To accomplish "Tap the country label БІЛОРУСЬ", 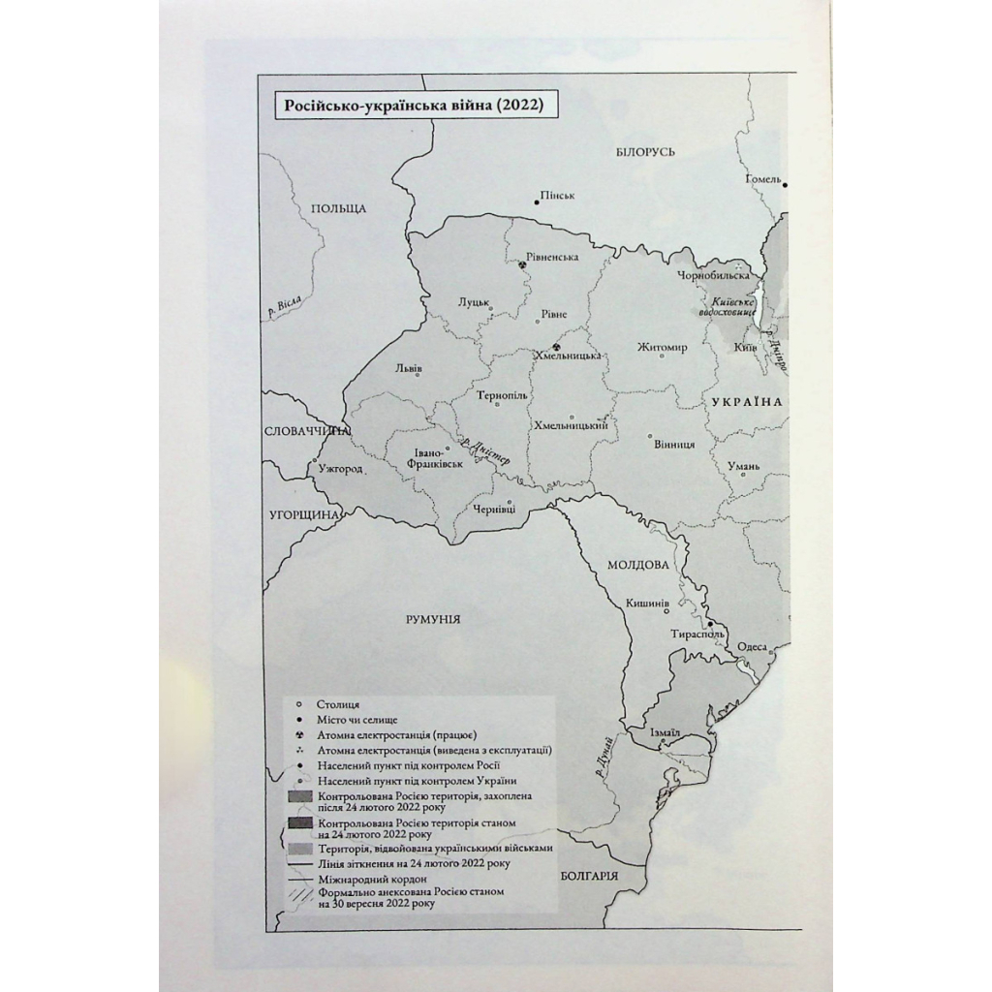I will tap(645, 151).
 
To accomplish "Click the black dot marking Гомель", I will tap(786, 185).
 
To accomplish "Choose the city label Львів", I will tap(409, 368).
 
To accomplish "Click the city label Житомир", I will tap(663, 347).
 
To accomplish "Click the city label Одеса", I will tap(752, 647).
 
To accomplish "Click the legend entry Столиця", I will tap(337, 704).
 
